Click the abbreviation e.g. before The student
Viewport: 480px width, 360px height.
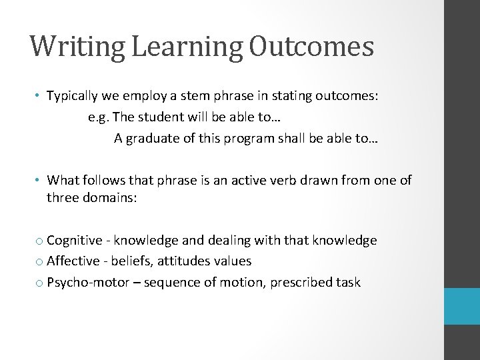coord(99,117)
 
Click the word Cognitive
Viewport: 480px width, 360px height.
coord(75,240)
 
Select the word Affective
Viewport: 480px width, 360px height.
coord(75,261)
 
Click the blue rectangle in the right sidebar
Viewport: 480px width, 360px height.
coord(461,307)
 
